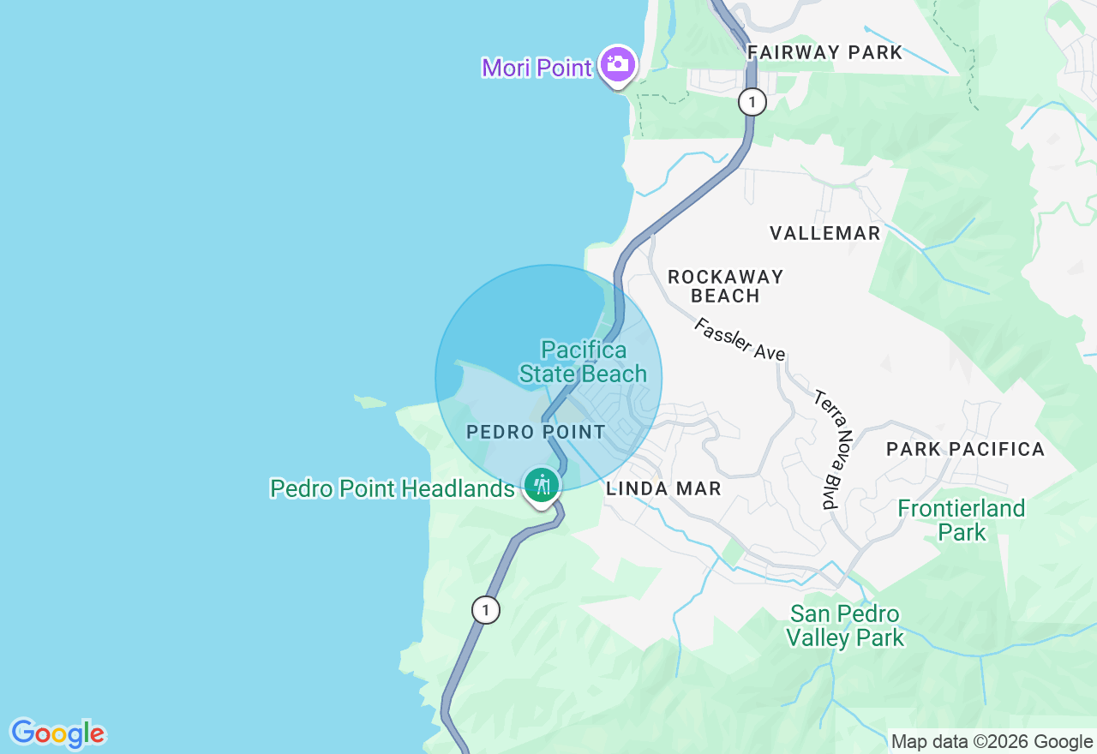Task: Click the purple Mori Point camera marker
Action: (x=617, y=64)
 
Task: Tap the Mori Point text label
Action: (x=537, y=68)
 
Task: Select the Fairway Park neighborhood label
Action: (x=824, y=52)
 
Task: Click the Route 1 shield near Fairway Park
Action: (x=752, y=103)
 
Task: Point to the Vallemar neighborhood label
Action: (x=824, y=233)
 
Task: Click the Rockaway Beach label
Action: (x=725, y=286)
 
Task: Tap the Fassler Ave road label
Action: (x=740, y=339)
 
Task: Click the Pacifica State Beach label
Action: (x=584, y=362)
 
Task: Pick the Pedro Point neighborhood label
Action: (x=536, y=432)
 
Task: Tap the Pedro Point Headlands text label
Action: (x=392, y=488)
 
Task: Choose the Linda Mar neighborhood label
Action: (x=663, y=489)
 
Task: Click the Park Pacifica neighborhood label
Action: (x=965, y=449)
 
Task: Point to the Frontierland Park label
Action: (x=962, y=520)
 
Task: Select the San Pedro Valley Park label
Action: (x=845, y=625)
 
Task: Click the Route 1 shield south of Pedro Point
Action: (x=486, y=610)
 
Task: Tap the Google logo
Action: (x=57, y=733)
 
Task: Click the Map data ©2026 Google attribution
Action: (x=992, y=742)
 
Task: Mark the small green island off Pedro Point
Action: (x=370, y=401)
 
